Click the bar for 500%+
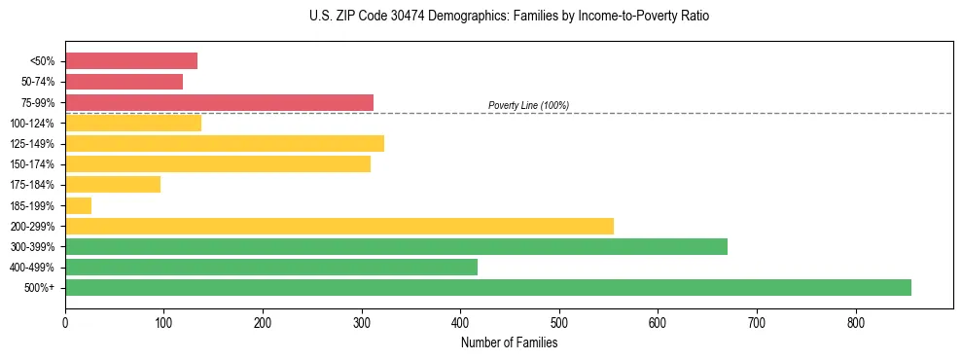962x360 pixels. click(x=487, y=287)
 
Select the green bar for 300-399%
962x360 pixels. click(x=396, y=246)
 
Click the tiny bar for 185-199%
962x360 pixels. click(x=78, y=205)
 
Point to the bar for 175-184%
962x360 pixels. click(x=113, y=185)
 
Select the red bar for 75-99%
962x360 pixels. click(x=219, y=102)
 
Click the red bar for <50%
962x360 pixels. click(x=131, y=61)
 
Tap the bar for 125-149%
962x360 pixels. click(x=225, y=144)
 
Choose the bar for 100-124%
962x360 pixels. click(x=133, y=123)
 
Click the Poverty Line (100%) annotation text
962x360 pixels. click(x=528, y=105)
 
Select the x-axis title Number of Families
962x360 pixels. click(x=509, y=342)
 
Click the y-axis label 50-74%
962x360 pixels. click(x=37, y=82)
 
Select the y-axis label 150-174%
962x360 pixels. click(x=32, y=164)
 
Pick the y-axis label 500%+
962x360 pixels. click(x=39, y=288)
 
